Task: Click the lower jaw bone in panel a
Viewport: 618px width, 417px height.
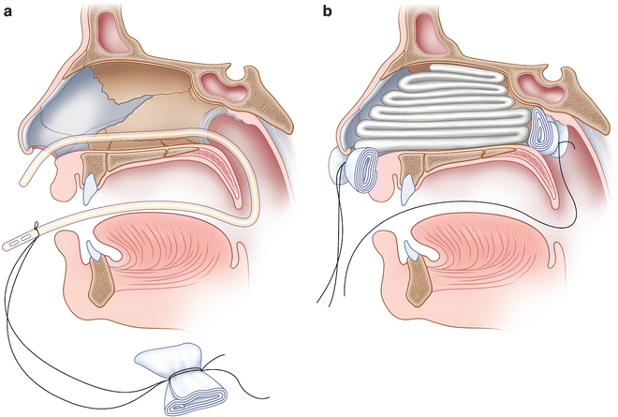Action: tap(106, 287)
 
